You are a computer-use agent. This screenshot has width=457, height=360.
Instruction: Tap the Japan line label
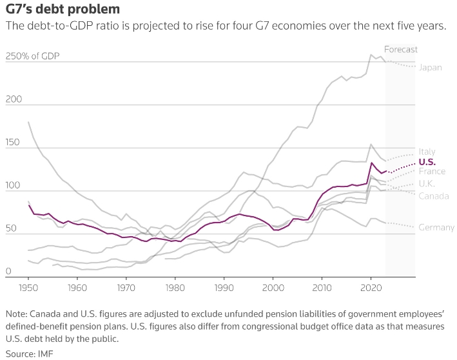click(430, 67)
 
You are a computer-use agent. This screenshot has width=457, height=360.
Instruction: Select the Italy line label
click(427, 152)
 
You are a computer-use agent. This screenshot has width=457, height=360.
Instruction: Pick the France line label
click(431, 172)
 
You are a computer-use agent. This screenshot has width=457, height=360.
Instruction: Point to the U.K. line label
click(427, 184)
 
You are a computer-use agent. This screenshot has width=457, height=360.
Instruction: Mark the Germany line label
click(436, 227)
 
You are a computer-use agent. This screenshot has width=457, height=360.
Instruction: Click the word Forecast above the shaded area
click(400, 49)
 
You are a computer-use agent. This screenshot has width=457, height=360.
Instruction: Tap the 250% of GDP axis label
click(32, 56)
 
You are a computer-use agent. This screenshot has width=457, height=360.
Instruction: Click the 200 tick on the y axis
click(14, 100)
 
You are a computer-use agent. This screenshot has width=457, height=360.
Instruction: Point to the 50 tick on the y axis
click(11, 229)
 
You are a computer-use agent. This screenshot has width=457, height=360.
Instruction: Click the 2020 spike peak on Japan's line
click(371, 55)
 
